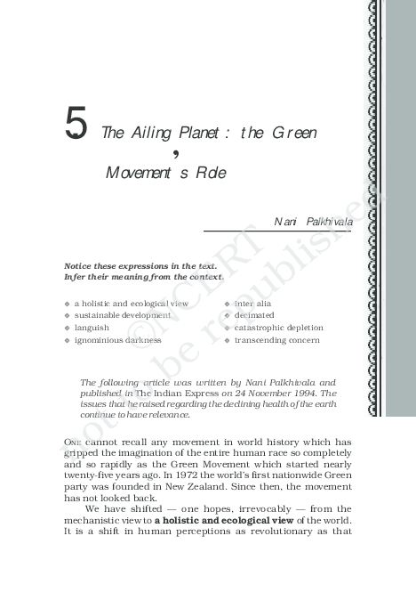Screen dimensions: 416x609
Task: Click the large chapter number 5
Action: coord(76,126)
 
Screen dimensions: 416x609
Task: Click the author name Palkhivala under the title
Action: coord(328,221)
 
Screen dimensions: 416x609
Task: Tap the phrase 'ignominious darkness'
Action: coord(118,340)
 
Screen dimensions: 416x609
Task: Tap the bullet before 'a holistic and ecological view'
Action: coord(67,304)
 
